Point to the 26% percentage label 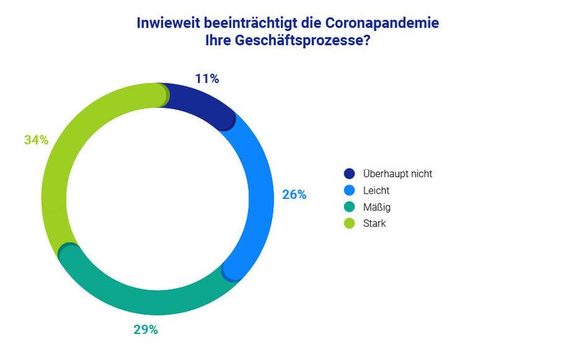coord(294,194)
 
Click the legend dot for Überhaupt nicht coord(350,174)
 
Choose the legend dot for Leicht coord(350,190)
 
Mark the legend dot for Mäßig coord(350,207)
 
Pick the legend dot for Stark coord(350,223)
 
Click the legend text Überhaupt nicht coord(397,174)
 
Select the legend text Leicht coord(377,190)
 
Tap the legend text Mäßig coord(377,207)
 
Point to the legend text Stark coord(374,223)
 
